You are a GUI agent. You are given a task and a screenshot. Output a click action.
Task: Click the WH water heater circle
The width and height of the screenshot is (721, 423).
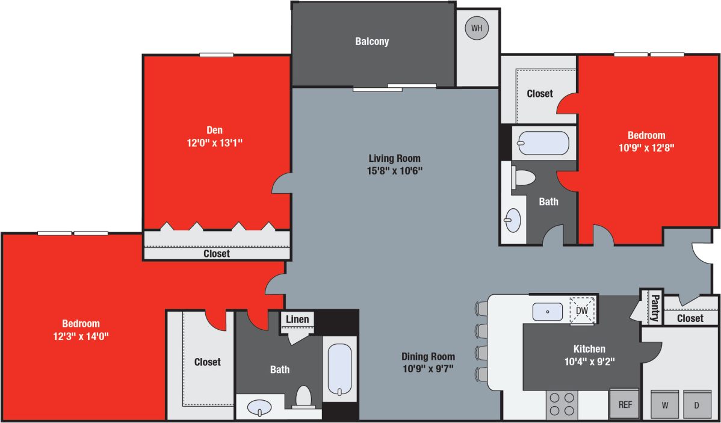[477, 28]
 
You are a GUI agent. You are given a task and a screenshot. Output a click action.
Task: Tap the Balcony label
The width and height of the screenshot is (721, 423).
[372, 42]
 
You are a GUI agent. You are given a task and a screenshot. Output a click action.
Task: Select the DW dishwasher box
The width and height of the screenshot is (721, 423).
[581, 310]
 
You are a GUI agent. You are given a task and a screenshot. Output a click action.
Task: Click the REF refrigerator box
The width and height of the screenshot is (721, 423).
[625, 404]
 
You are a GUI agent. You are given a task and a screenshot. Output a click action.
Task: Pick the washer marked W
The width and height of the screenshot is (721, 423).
[665, 405]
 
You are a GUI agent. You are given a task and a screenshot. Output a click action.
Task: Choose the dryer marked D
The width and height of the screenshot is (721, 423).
[697, 405]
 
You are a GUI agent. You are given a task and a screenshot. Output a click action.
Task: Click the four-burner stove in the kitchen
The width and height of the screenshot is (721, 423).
[562, 404]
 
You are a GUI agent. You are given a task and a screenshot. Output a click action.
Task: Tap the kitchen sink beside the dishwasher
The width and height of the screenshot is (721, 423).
[547, 312]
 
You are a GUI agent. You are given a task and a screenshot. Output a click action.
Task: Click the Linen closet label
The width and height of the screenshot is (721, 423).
[297, 320]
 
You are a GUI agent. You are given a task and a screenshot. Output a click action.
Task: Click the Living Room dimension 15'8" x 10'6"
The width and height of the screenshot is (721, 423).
[395, 170]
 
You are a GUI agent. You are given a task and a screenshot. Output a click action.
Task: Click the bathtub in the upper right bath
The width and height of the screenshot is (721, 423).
[543, 143]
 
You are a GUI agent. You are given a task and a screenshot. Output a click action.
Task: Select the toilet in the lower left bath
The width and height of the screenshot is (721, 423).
[304, 398]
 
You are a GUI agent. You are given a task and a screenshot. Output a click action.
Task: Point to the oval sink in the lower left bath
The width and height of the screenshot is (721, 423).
[260, 407]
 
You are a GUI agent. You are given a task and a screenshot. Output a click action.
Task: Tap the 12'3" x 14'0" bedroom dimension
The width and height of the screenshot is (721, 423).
[80, 336]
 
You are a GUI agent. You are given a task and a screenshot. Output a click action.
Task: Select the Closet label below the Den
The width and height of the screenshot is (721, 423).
[216, 254]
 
